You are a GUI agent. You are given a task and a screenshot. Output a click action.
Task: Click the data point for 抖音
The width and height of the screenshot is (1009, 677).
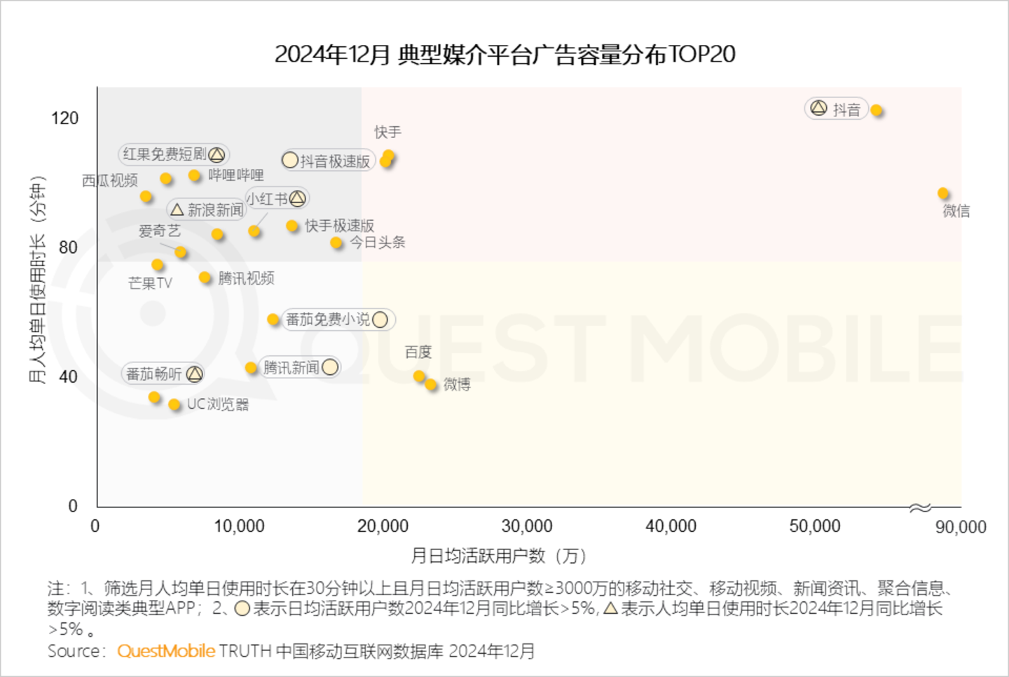pyautogui.click(x=876, y=110)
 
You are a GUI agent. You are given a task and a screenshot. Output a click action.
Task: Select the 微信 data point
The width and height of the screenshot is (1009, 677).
pyautogui.click(x=943, y=193)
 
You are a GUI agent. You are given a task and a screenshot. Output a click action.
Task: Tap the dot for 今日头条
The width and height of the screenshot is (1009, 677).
pyautogui.click(x=336, y=242)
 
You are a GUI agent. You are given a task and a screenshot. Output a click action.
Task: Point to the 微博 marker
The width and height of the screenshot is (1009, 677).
pyautogui.click(x=431, y=384)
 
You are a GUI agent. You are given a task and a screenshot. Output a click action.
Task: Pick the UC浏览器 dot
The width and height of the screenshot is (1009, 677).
pyautogui.click(x=174, y=404)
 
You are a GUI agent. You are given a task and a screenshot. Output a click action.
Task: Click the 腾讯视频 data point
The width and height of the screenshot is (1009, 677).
pyautogui.click(x=205, y=278)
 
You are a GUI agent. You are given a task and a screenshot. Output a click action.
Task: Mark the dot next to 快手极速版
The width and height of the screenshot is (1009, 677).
pyautogui.click(x=292, y=226)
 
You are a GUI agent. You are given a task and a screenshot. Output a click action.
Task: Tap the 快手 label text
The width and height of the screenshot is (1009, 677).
pyautogui.click(x=387, y=132)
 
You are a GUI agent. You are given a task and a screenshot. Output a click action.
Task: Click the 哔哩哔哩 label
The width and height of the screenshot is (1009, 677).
pyautogui.click(x=236, y=175)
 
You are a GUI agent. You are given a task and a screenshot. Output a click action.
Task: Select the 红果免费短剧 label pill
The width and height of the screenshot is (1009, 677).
pyautogui.click(x=173, y=154)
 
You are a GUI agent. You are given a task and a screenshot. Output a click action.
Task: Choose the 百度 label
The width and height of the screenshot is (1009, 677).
pyautogui.click(x=418, y=352)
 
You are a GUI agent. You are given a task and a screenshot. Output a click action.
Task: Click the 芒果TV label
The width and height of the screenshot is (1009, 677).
pyautogui.click(x=150, y=283)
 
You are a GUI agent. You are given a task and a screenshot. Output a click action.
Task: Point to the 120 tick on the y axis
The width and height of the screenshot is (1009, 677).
pyautogui.click(x=65, y=118)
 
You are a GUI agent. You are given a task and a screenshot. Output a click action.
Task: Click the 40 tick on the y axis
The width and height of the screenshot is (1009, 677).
pyautogui.click(x=68, y=376)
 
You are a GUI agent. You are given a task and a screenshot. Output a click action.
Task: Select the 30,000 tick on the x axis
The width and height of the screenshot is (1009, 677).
pyautogui.click(x=527, y=526)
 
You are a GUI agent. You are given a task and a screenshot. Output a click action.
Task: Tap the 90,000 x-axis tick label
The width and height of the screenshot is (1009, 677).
pyautogui.click(x=961, y=527)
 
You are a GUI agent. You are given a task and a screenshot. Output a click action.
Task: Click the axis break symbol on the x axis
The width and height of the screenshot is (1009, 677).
pyautogui.click(x=920, y=507)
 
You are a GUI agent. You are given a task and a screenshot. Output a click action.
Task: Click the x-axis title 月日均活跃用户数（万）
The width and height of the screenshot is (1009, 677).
pyautogui.click(x=499, y=556)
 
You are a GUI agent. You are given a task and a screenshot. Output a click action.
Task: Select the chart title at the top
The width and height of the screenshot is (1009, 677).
pyautogui.click(x=504, y=54)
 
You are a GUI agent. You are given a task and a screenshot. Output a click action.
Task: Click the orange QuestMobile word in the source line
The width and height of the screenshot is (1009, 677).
pyautogui.click(x=166, y=651)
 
